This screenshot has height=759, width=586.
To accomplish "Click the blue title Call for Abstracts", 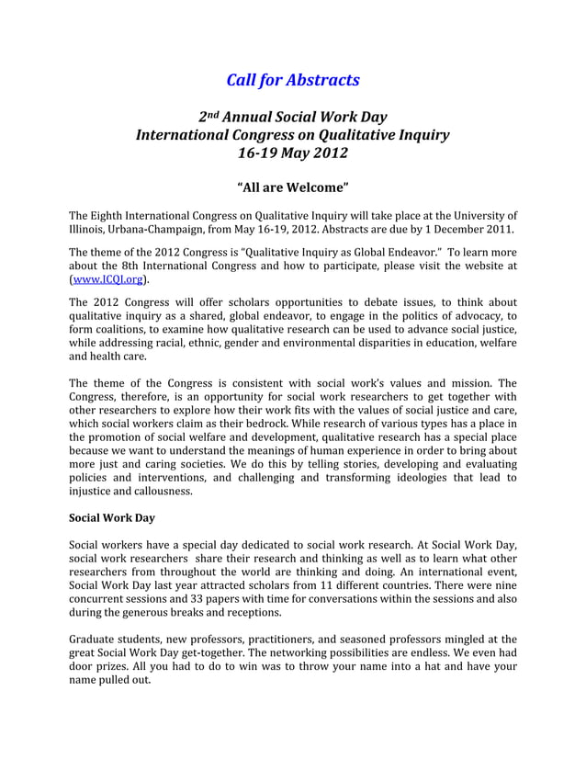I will pyautogui.click(x=292, y=80).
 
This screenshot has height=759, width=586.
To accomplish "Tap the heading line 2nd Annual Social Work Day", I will pyautogui.click(x=292, y=117).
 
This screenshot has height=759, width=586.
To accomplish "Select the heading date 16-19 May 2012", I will pyautogui.click(x=292, y=153).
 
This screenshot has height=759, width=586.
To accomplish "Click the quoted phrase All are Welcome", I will pyautogui.click(x=292, y=190).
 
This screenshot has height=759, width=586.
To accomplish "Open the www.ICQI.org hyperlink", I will pyautogui.click(x=107, y=280).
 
